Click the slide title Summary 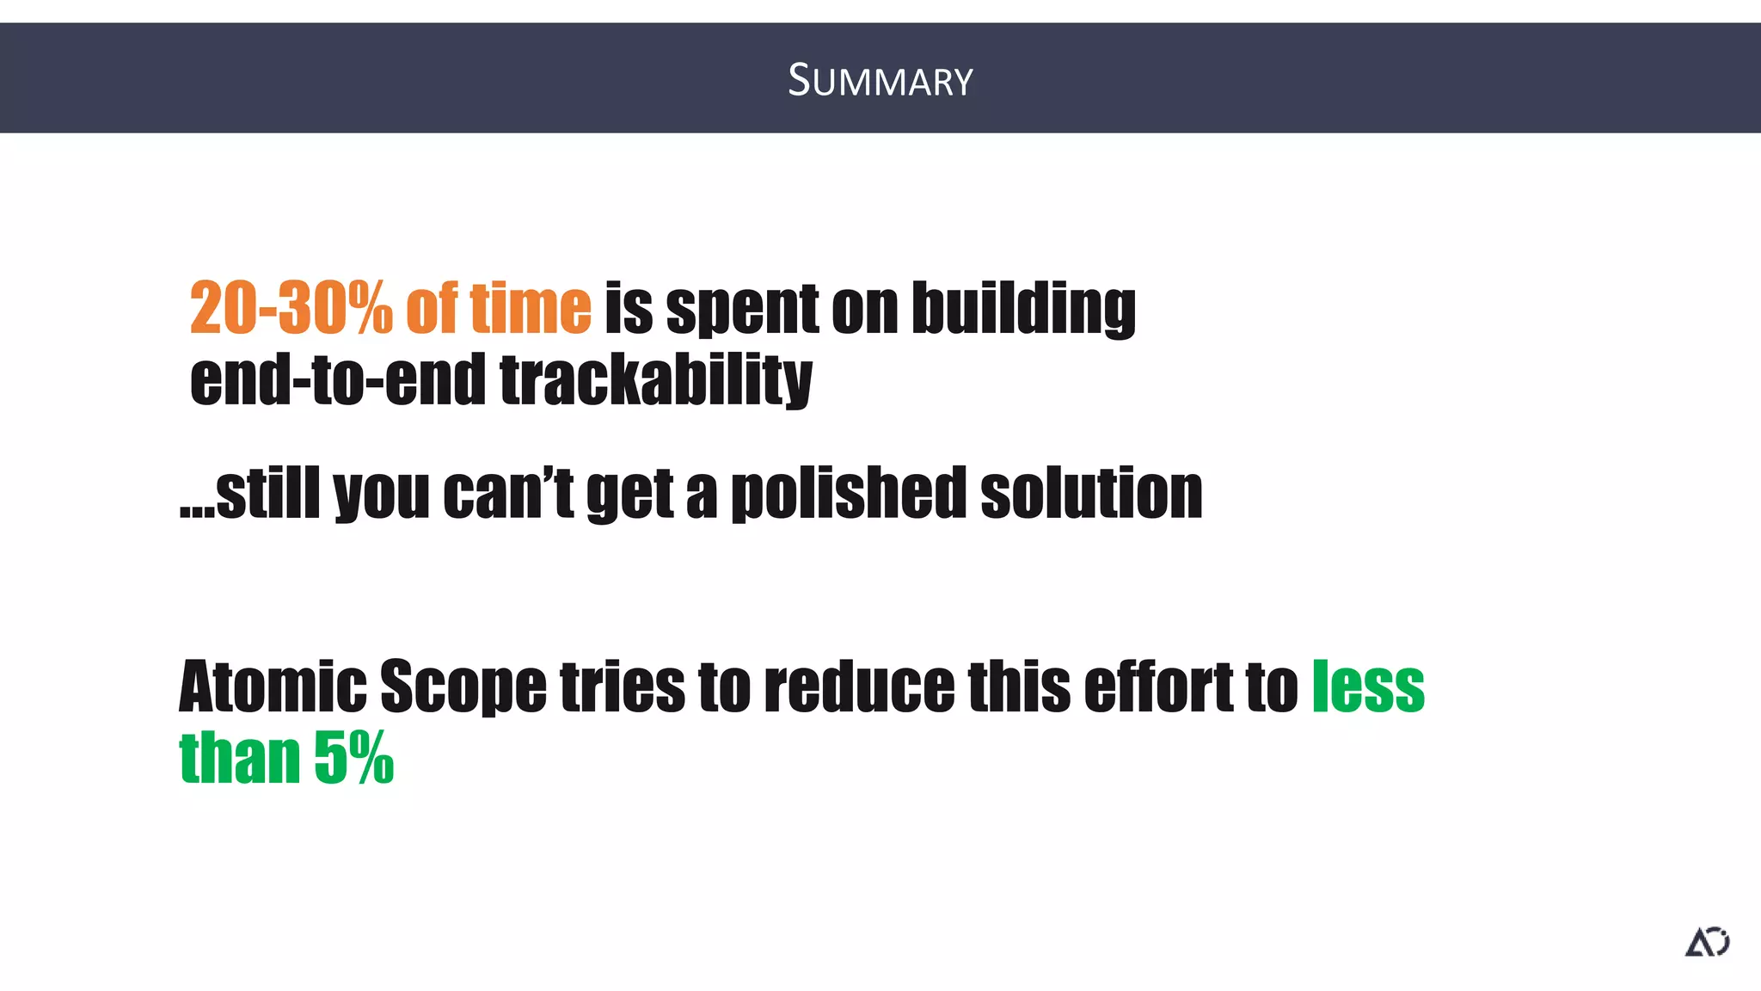[x=880, y=80]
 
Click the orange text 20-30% [x=291, y=307]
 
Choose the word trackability [x=655, y=381]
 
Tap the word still [x=267, y=493]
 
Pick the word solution [x=1091, y=493]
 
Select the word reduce [x=859, y=686]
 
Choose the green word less [x=1368, y=686]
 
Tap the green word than [x=239, y=759]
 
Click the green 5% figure [x=353, y=759]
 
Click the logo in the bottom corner [x=1707, y=942]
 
